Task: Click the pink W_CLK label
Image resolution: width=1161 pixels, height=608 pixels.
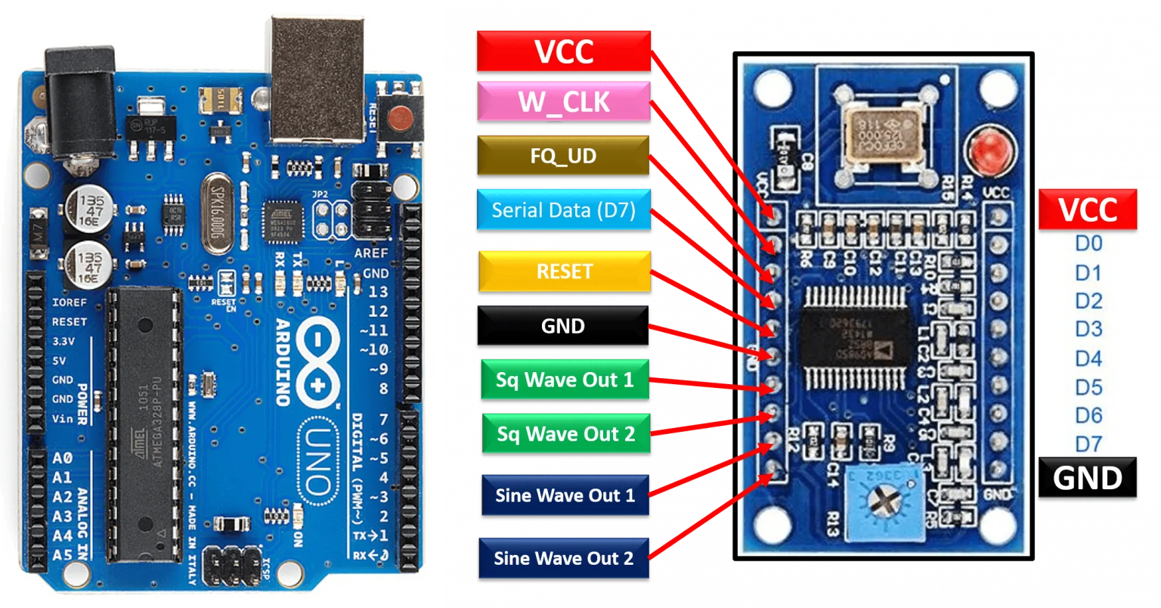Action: pos(563,102)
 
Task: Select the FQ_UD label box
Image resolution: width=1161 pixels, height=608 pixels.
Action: pos(563,157)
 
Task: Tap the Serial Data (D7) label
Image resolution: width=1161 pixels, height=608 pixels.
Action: pos(563,209)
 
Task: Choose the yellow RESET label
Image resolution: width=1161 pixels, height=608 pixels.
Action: pos(564,271)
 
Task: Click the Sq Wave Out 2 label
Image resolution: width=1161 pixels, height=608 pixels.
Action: pos(565,434)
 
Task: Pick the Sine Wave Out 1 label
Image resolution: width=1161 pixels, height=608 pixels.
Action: pos(565,495)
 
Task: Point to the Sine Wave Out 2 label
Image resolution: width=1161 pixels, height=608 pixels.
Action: pos(563,558)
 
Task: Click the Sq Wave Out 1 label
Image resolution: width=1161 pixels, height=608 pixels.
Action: pos(565,380)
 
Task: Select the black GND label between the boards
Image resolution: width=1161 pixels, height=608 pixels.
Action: pos(562,326)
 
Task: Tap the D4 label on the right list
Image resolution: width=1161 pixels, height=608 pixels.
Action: pos(1088,358)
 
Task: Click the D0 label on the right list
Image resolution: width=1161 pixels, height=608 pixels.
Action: pos(1088,244)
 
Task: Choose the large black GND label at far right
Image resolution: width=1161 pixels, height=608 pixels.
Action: pos(1088,478)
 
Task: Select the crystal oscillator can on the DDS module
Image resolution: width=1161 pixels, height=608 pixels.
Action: pos(884,135)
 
